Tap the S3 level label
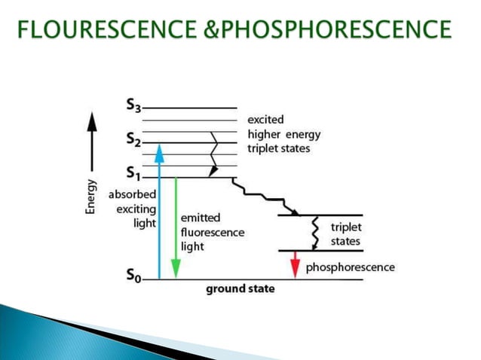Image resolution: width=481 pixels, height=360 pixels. pyautogui.click(x=133, y=107)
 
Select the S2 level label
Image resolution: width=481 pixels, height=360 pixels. pyautogui.click(x=133, y=140)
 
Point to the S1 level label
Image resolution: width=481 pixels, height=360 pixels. pyautogui.click(x=133, y=174)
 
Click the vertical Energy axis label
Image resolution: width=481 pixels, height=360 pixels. pyautogui.click(x=91, y=196)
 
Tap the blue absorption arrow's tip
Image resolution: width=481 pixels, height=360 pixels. pyautogui.click(x=159, y=150)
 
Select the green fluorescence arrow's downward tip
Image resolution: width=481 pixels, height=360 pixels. pyautogui.click(x=176, y=270)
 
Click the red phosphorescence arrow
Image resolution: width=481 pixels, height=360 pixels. pyautogui.click(x=295, y=264)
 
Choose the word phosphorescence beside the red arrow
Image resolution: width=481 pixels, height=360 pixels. pyautogui.click(x=350, y=267)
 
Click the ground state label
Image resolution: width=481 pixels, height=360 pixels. pyautogui.click(x=240, y=288)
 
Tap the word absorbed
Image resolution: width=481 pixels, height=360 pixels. pyautogui.click(x=133, y=194)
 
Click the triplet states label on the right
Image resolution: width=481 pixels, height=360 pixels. pyautogui.click(x=346, y=234)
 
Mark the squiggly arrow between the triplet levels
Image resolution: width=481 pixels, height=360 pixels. pyautogui.click(x=315, y=233)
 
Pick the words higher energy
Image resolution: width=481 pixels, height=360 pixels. pyautogui.click(x=284, y=135)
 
